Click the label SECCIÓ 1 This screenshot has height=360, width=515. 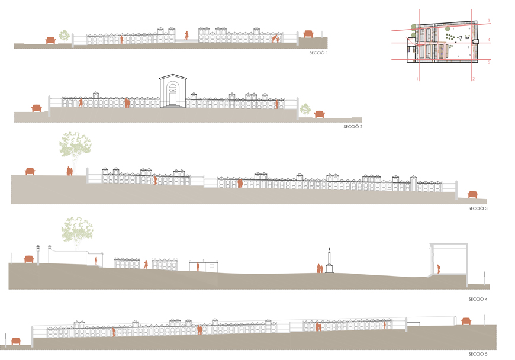pos(318,53)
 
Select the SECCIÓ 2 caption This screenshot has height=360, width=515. pos(352,127)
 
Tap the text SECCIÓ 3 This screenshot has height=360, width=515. pos(477,208)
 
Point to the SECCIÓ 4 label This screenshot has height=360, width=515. pos(477,300)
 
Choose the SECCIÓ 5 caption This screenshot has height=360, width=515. pos(477,353)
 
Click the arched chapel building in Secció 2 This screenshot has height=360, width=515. pos(172,92)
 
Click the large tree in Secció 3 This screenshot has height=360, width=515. pos(75,148)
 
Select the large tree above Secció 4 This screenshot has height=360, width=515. pos(78,231)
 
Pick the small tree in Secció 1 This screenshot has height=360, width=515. pos(64,36)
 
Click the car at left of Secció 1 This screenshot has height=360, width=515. pos(50,40)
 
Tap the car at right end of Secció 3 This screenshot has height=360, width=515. pos(472,194)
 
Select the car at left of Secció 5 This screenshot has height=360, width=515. pos(16,340)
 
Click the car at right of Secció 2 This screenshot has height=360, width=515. pos(320,114)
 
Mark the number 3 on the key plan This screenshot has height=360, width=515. pos(488,21)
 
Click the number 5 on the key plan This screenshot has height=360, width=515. pos(488,62)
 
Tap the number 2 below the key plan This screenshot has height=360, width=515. pos(473,78)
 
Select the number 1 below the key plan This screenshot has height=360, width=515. pos(417,78)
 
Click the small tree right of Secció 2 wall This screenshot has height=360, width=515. pos(305,109)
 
